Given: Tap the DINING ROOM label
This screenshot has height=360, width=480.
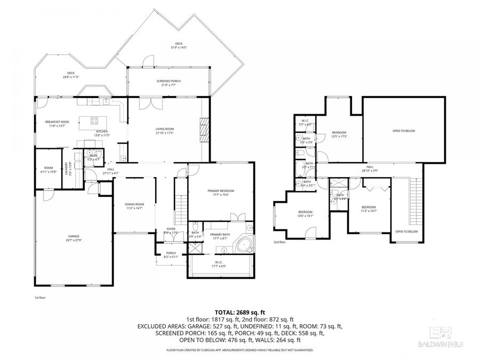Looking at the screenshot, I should coord(135,206).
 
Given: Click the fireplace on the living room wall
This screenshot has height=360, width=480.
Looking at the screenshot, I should coord(204,129).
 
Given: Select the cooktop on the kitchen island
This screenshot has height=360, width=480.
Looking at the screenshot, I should coord(94,121).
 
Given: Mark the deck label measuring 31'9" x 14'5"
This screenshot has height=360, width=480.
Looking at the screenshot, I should coord(178,45).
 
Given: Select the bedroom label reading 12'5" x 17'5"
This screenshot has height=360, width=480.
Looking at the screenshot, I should coord(340,134).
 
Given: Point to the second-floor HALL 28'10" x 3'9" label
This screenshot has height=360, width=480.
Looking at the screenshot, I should coord(370,169).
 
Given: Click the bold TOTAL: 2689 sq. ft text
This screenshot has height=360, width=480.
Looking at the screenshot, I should coord(239,312).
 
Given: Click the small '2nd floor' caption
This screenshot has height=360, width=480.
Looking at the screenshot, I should coord(279,242).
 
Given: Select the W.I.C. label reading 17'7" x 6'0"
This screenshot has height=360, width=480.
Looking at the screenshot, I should coord(220,263).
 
